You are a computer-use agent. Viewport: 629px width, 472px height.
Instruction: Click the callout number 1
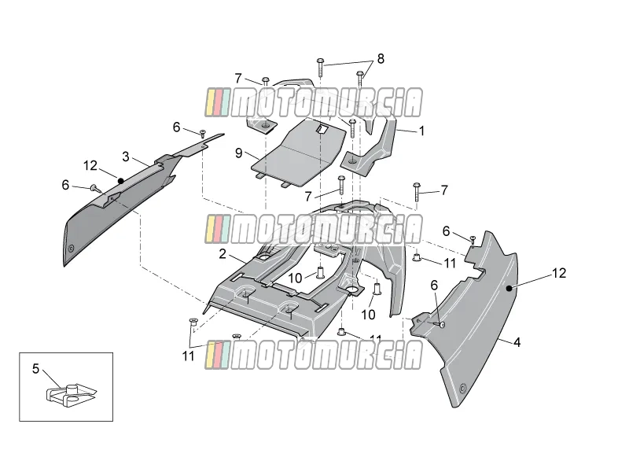421,131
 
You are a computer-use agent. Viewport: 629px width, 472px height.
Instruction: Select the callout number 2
223,253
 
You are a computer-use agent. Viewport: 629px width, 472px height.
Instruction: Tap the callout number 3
126,157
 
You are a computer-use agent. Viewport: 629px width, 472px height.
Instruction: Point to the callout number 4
517,342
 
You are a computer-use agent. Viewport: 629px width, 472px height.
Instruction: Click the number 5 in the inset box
35,368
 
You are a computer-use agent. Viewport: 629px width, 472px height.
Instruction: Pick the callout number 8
381,58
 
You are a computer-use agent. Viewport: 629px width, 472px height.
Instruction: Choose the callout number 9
239,153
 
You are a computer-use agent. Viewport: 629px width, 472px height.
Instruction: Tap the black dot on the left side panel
120,181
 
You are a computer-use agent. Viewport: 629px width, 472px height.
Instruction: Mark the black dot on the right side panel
509,288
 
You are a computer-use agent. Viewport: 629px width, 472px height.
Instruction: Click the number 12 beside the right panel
559,273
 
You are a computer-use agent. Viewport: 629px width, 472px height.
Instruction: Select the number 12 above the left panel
90,165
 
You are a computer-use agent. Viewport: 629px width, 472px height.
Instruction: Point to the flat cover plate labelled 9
299,153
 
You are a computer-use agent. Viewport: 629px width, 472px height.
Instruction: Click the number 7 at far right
444,190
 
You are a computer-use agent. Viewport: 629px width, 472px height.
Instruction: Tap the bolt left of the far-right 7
417,192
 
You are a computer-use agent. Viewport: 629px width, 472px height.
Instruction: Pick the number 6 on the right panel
434,286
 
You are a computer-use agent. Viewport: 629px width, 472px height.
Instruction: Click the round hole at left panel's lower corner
72,249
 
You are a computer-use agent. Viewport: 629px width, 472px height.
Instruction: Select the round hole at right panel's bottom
463,388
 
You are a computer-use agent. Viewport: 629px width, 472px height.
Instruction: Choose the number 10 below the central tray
368,314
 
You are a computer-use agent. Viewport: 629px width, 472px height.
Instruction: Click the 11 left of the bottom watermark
188,356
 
